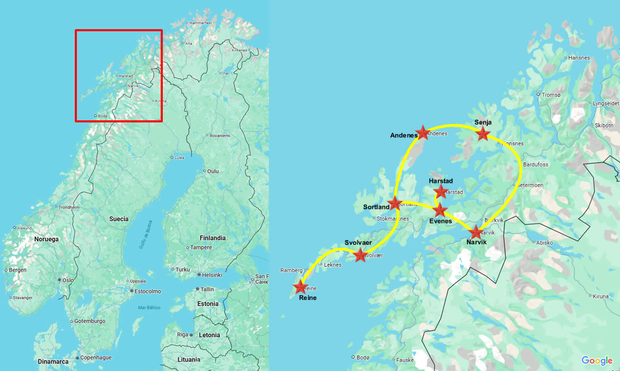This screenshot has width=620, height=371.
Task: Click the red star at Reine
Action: click(x=301, y=287)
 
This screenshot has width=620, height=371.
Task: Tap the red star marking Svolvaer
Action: click(x=360, y=255)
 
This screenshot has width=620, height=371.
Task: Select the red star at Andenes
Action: click(x=422, y=132)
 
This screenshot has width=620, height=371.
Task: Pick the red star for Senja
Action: click(x=483, y=134)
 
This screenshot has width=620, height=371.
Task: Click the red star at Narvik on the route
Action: click(x=476, y=232)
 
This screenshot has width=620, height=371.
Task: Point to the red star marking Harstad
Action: click(x=440, y=191)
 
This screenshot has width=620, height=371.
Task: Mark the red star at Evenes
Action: click(x=440, y=210)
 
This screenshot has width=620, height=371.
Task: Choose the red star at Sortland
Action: click(x=395, y=203)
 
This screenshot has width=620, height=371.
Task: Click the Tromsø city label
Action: click(x=551, y=95)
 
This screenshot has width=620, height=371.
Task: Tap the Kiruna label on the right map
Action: click(x=601, y=296)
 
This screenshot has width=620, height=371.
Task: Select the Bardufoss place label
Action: click(x=536, y=165)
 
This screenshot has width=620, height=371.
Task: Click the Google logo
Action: click(x=597, y=360)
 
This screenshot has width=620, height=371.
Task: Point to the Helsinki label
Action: click(x=212, y=275)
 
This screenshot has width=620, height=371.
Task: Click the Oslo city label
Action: click(x=68, y=280)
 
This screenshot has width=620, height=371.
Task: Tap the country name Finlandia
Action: click(x=212, y=238)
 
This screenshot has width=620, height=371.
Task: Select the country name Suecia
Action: click(x=119, y=219)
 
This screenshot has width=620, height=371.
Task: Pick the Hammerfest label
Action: click(x=200, y=23)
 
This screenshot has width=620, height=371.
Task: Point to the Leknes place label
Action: click(x=333, y=264)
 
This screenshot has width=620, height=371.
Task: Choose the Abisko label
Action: click(x=545, y=243)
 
